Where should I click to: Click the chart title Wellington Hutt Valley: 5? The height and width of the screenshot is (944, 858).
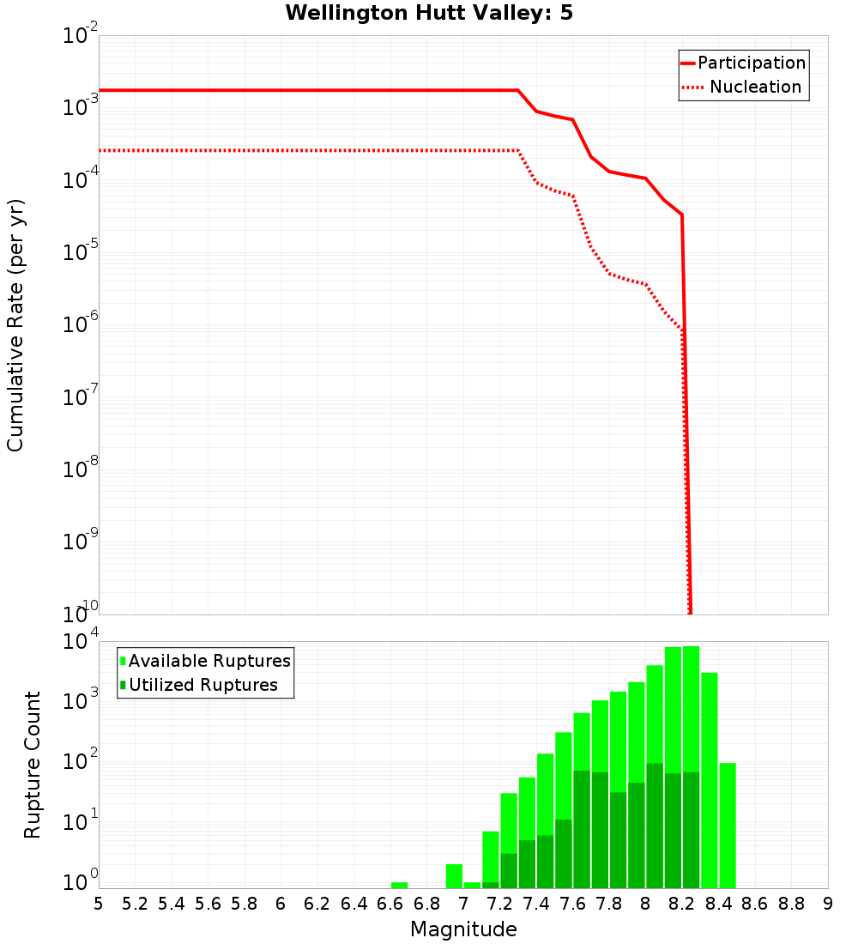pyautogui.click(x=429, y=13)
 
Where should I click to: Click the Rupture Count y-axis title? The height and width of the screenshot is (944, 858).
pyautogui.click(x=33, y=764)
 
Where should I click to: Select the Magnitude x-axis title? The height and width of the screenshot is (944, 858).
pyautogui.click(x=463, y=929)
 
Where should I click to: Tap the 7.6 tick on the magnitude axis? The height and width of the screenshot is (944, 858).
pyautogui.click(x=572, y=904)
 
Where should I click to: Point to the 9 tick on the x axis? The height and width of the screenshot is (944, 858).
pyautogui.click(x=828, y=904)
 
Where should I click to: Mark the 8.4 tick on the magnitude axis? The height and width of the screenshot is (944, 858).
pyautogui.click(x=718, y=904)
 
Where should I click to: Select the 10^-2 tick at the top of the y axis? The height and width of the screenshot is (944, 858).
pyautogui.click(x=82, y=37)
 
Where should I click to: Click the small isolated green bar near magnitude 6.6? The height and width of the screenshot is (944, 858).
pyautogui.click(x=399, y=885)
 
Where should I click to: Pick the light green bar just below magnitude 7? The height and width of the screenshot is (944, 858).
pyautogui.click(x=454, y=876)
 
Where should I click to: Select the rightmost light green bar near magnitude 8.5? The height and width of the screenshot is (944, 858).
pyautogui.click(x=728, y=825)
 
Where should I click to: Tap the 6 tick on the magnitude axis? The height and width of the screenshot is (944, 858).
pyautogui.click(x=281, y=904)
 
